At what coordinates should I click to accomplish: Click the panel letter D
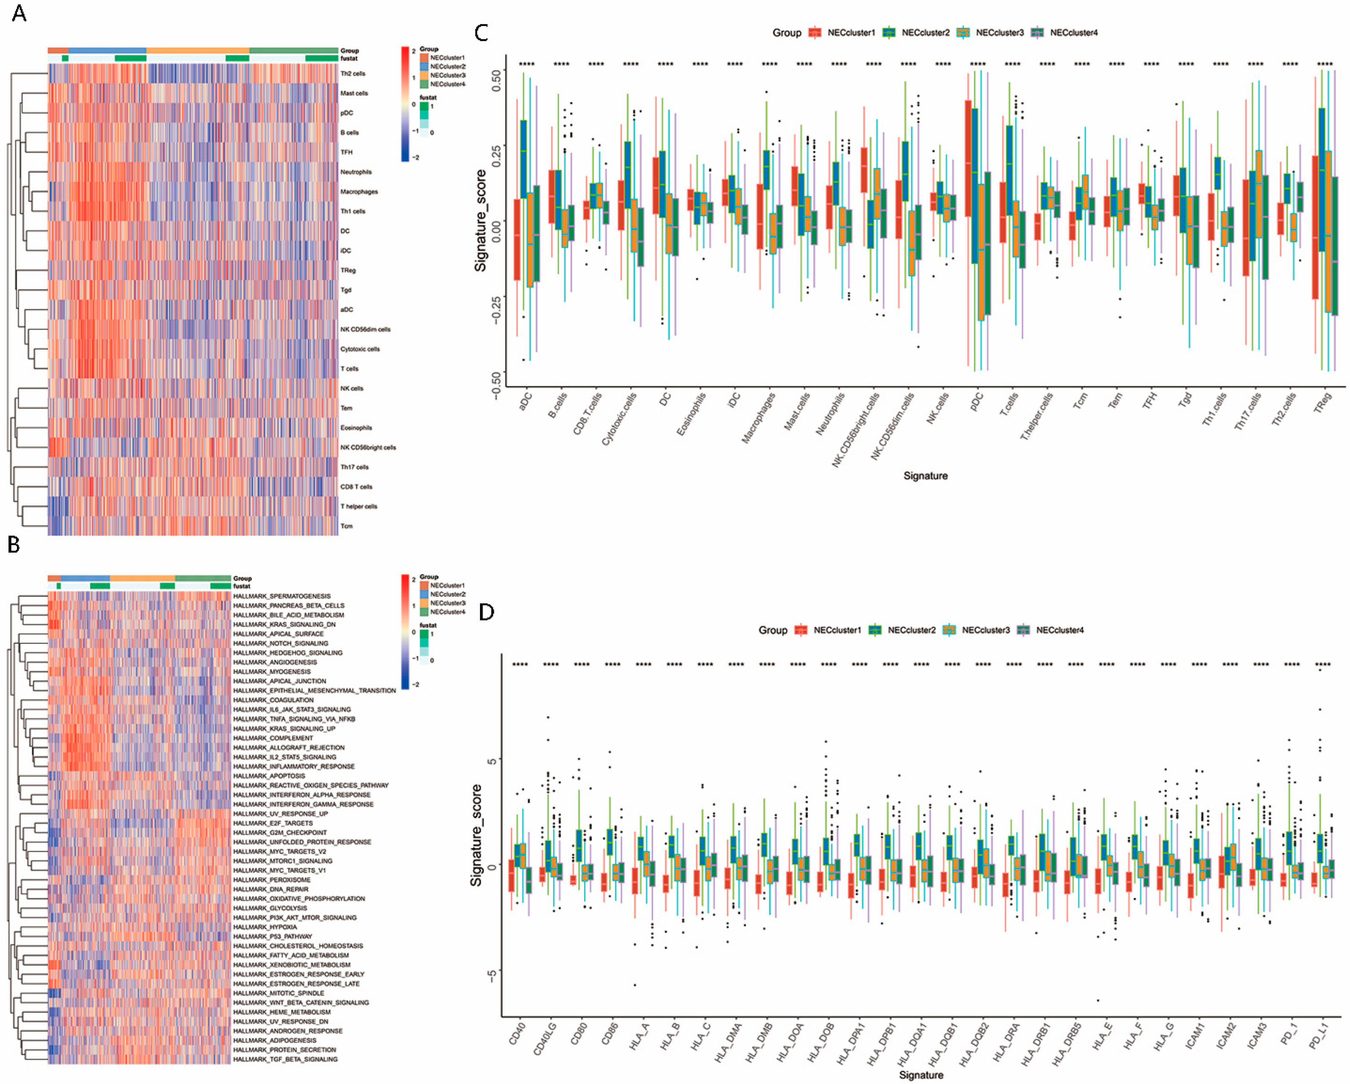[x=486, y=612]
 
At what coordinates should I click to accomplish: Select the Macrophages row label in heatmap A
[x=359, y=192]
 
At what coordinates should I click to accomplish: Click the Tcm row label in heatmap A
[x=346, y=526]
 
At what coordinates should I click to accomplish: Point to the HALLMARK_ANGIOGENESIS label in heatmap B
[x=275, y=662]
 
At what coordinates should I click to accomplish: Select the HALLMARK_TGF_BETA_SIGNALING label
[x=285, y=1060]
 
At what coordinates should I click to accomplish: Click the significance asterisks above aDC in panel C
[x=527, y=64]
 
